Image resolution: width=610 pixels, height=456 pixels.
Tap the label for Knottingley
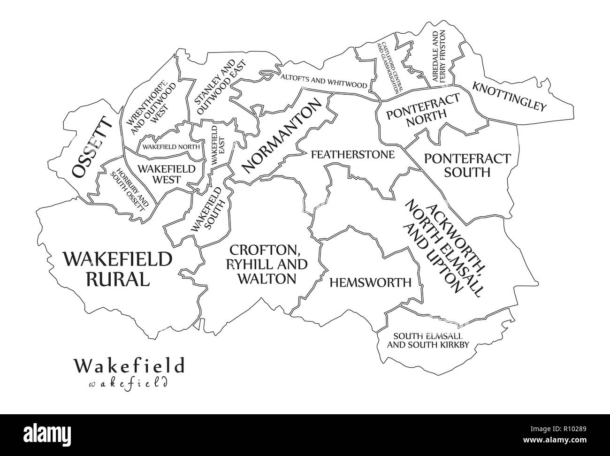510,97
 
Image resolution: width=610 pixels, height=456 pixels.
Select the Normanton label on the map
283,140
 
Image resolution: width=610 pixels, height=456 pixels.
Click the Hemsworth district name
370,282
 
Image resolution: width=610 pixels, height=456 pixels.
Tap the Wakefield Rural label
117,269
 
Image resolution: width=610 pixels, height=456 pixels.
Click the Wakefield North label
171,147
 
